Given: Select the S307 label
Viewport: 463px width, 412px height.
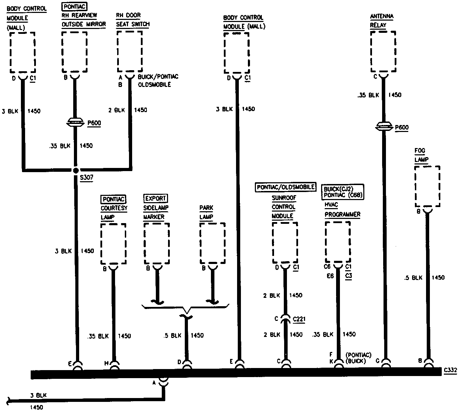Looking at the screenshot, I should coord(86,178).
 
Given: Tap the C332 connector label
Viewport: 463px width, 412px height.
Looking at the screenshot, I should coord(450,369).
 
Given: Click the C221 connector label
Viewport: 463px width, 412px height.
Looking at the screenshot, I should coord(299,319).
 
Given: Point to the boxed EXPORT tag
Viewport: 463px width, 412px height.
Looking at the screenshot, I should coord(155,199).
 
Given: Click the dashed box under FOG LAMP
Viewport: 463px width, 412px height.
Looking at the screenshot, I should coord(427,187).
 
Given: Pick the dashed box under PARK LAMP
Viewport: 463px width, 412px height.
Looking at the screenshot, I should coord(212,244).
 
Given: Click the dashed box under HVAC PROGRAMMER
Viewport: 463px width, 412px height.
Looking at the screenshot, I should coord(338,242).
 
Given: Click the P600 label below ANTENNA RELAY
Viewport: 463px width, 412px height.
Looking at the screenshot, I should coord(402,128).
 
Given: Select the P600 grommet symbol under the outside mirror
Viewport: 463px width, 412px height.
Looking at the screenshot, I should coord(75,123).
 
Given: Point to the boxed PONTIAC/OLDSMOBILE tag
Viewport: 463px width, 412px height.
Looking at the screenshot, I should coord(286,187).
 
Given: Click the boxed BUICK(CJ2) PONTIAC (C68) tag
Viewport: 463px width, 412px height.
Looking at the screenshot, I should coord(342,192).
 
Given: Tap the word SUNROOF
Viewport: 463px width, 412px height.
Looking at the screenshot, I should coord(284,198).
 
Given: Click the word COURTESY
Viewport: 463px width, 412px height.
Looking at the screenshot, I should coord(114,208).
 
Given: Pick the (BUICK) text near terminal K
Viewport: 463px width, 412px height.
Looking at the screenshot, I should coord(356,361).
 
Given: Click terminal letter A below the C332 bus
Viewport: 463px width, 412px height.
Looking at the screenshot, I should coord(154,383).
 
